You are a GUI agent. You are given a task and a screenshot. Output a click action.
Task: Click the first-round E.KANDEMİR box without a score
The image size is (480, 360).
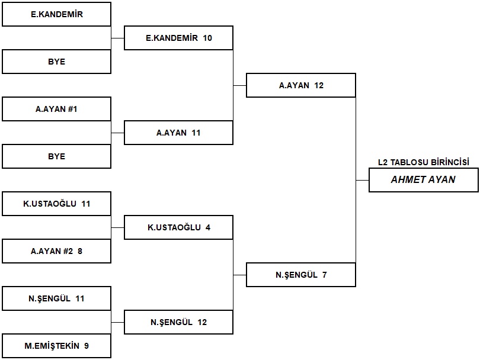click(57, 14)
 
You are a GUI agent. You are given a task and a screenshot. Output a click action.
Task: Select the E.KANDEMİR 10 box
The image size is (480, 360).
click(178, 38)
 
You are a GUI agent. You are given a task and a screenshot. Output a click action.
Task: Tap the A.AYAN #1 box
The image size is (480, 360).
click(57, 109)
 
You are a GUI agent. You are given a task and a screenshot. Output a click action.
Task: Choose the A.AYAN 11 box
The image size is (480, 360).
click(178, 133)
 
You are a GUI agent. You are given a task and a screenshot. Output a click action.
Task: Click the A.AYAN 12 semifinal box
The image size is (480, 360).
click(301, 85)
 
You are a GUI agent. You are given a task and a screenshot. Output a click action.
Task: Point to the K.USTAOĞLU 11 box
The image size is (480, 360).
click(57, 204)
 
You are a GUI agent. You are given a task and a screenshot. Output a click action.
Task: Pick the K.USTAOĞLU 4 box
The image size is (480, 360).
click(178, 227)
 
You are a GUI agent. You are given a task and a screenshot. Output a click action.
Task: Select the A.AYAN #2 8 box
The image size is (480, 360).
click(57, 251)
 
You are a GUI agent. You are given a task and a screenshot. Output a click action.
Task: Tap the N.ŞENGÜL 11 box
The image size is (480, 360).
click(57, 298)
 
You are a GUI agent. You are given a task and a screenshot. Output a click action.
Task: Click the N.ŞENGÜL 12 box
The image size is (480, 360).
click(178, 322)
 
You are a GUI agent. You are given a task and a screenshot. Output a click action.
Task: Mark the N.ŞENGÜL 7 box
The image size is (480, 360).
click(301, 275)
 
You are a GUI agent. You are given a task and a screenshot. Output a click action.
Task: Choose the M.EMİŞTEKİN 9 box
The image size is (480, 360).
click(57, 346)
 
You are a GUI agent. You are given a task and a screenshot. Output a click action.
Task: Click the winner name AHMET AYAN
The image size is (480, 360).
click(423, 179)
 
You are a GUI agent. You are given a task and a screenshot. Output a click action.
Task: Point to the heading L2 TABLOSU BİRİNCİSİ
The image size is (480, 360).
click(424, 162)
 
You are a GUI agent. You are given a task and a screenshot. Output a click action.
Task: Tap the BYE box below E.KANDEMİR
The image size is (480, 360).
click(57, 62)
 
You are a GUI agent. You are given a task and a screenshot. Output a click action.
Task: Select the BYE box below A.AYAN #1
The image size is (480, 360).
click(57, 156)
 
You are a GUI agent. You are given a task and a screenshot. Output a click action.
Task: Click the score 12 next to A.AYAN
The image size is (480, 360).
click(319, 85)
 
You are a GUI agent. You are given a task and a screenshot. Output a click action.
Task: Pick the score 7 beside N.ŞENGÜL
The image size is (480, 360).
click(325, 275)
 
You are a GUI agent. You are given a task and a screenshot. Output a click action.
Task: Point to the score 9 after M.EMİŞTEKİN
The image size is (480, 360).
click(87, 346)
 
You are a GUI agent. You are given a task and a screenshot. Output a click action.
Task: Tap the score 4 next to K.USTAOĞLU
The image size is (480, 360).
click(208, 227)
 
